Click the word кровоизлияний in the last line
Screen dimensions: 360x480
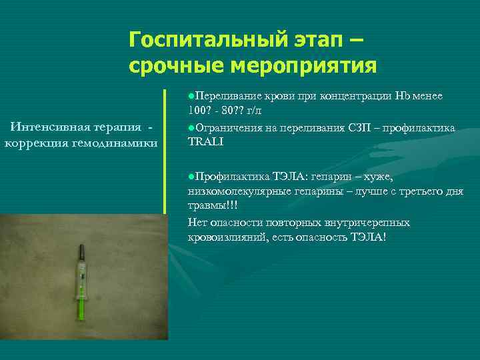coord(227,238)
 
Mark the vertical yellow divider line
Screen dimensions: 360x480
coord(165,150)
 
